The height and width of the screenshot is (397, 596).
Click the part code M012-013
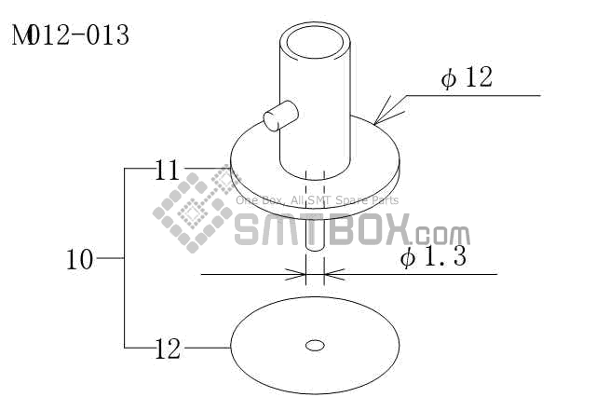pyautogui.click(x=71, y=35)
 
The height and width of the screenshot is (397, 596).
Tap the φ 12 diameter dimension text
pyautogui.click(x=467, y=77)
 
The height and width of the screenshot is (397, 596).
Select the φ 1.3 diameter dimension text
pyautogui.click(x=433, y=256)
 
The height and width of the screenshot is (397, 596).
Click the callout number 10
pyautogui.click(x=80, y=260)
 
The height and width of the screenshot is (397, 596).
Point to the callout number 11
pyautogui.click(x=167, y=170)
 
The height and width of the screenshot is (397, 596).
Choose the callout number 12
pyautogui.click(x=168, y=349)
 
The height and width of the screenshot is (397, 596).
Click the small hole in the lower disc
pyautogui.click(x=315, y=346)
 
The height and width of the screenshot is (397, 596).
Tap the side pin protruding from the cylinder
pyautogui.click(x=281, y=116)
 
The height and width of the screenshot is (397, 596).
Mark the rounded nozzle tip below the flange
pyautogui.click(x=315, y=232)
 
